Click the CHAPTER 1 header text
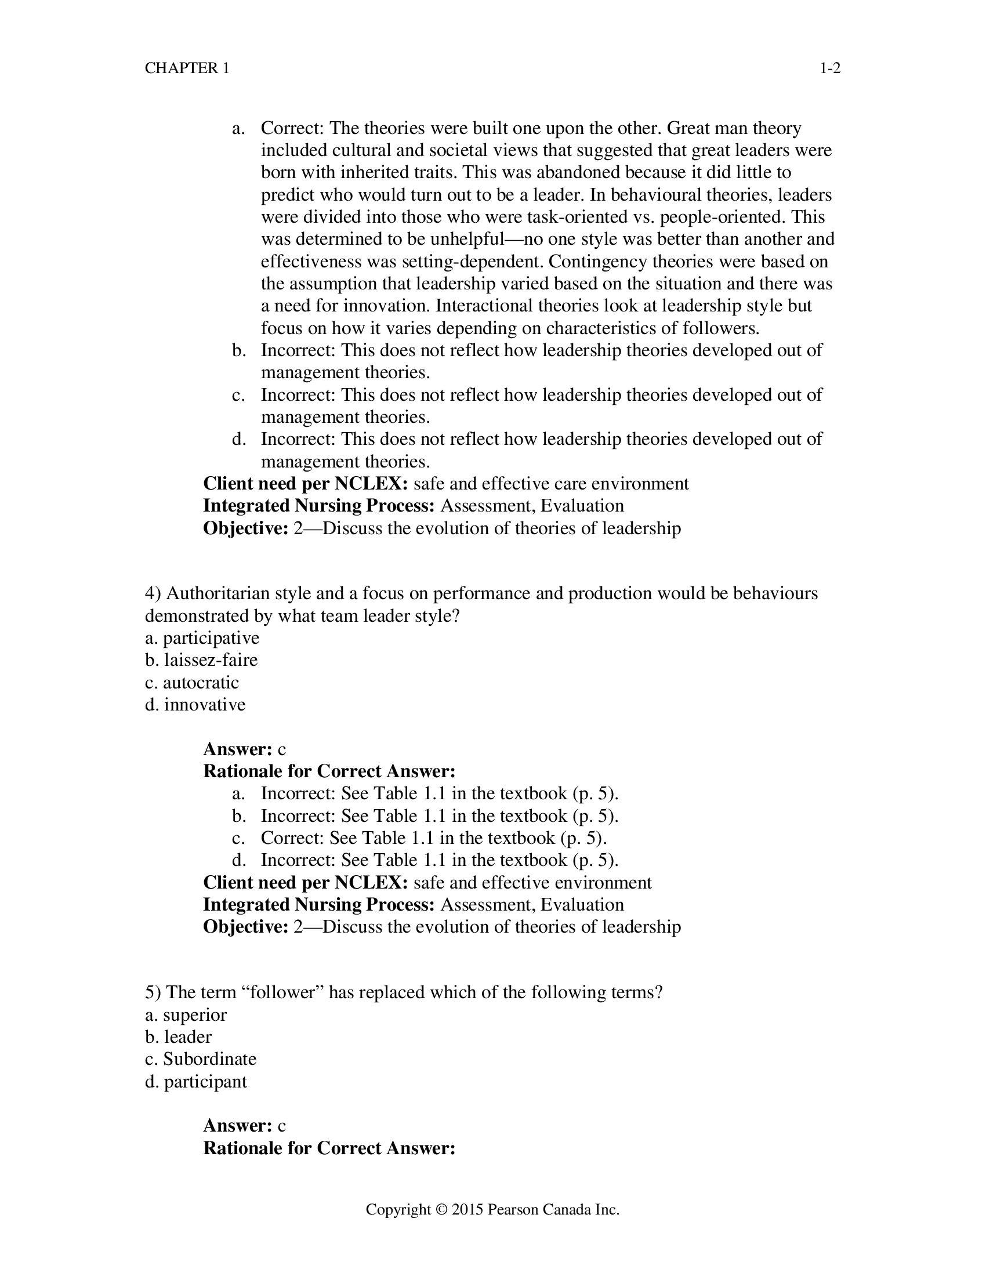(x=187, y=68)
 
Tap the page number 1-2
(x=830, y=68)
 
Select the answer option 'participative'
(x=211, y=637)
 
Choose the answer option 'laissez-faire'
(x=211, y=659)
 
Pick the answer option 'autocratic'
(x=200, y=683)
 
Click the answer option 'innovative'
(x=204, y=704)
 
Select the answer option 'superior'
(x=194, y=1014)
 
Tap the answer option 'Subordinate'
(x=209, y=1058)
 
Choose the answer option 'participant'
(x=205, y=1081)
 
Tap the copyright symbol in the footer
(x=441, y=1209)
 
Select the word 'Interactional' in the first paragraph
(x=484, y=306)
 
